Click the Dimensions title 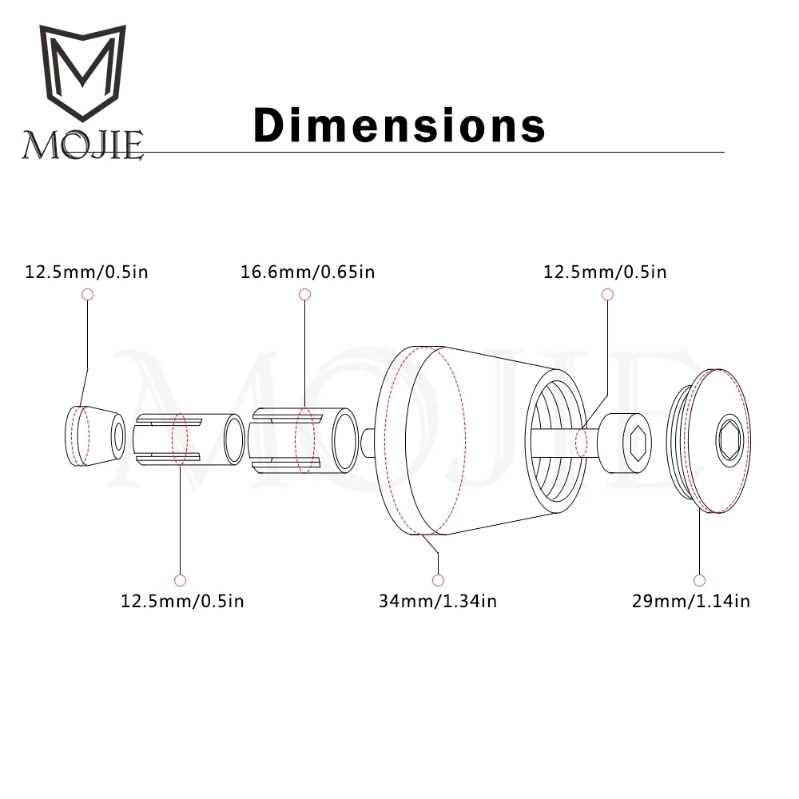(x=399, y=125)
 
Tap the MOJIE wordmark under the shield (x=82, y=145)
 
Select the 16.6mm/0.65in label (x=308, y=272)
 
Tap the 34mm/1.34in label (x=438, y=601)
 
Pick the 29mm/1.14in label (x=691, y=601)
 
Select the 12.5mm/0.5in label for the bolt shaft (x=605, y=272)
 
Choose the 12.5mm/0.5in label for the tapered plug (x=86, y=272)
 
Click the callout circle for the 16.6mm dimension (x=304, y=294)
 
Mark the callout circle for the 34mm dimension (x=438, y=580)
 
